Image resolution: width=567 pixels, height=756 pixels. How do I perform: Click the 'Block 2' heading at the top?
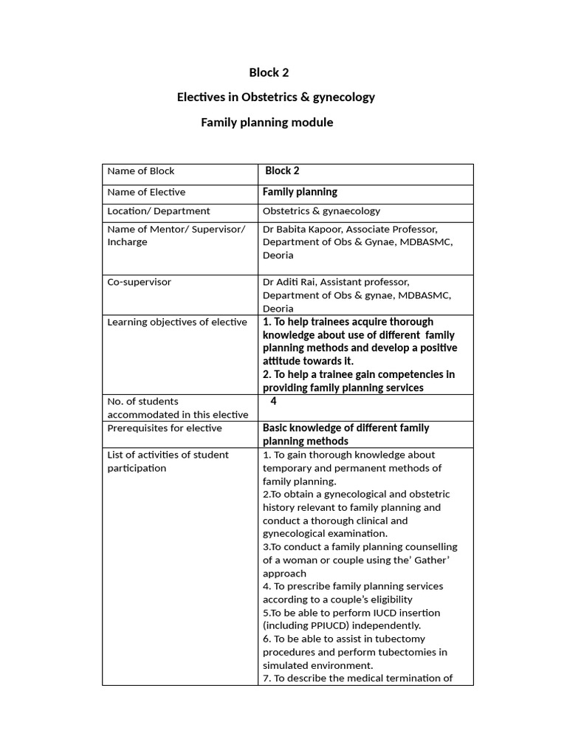point(269,72)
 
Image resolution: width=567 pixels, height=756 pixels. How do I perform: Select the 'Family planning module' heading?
point(267,122)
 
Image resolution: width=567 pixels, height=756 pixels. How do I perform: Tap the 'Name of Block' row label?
point(141,171)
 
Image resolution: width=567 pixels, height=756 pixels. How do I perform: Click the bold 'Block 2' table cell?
point(283,171)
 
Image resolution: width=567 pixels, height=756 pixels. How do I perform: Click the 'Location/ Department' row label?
point(159,210)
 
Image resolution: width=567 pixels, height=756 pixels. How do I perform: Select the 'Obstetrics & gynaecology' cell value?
point(322,210)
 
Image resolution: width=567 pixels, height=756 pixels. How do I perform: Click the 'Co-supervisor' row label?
point(140,282)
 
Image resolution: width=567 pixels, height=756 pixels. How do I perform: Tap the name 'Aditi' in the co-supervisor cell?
point(290,282)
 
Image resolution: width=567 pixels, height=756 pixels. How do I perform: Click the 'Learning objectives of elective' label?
point(177,322)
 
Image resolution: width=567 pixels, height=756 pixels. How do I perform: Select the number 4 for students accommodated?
point(273,402)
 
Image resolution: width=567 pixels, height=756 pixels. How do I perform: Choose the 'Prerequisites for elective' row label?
point(165,428)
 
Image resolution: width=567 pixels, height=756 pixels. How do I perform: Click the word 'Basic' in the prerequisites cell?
point(276,428)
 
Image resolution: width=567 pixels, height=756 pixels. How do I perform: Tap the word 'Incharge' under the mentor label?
point(127,242)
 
